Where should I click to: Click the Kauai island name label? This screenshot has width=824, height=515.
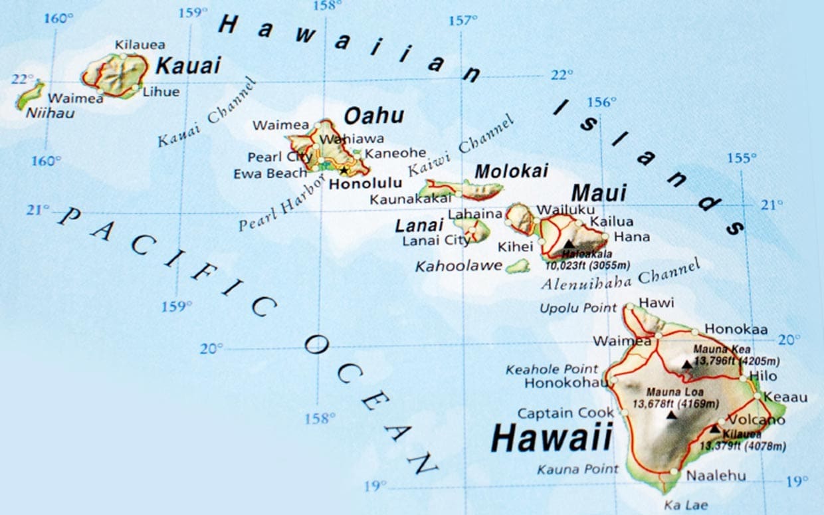coord(187,66)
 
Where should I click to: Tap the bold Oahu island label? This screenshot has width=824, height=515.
coord(373,116)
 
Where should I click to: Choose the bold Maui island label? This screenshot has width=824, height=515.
coord(599,193)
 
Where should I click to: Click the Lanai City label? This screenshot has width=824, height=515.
coord(435,241)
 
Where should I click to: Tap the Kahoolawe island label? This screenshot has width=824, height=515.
coord(458,266)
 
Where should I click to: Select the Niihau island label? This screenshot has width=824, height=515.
coord(50,113)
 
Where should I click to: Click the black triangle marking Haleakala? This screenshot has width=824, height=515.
coord(569,245)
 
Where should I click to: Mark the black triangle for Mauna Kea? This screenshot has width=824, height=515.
coord(686,364)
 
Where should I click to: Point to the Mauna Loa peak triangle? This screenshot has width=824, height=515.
coord(672,415)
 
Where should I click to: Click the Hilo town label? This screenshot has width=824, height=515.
coord(762,376)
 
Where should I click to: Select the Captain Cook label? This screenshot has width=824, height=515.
coord(566,413)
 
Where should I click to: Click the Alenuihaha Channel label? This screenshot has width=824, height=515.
coord(621,275)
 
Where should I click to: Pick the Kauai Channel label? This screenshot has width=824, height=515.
coord(207,113)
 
